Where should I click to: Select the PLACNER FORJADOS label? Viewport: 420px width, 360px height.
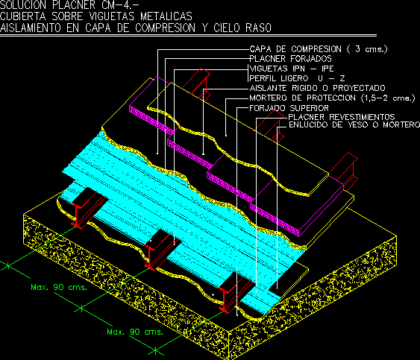[291, 59]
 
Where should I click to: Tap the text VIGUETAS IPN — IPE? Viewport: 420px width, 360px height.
[292, 69]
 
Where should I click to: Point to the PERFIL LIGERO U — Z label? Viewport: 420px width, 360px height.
[297, 78]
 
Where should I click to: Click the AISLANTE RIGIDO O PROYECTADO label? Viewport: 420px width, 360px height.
[317, 88]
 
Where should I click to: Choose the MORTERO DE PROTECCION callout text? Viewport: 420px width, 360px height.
[303, 98]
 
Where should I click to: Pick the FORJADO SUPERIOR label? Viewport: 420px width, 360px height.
[289, 108]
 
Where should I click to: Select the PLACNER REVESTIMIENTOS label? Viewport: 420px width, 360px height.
[342, 117]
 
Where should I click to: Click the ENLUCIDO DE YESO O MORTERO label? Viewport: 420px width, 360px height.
[354, 124]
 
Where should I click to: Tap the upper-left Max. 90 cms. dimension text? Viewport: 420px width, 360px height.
[59, 288]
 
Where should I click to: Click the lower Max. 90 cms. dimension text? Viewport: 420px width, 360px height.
[135, 332]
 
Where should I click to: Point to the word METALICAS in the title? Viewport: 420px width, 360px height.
[166, 16]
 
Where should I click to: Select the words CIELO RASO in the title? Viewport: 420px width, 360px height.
[242, 28]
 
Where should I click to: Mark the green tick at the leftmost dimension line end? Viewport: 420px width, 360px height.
[8, 266]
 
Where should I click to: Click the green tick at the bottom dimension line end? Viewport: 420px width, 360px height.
[156, 350]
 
